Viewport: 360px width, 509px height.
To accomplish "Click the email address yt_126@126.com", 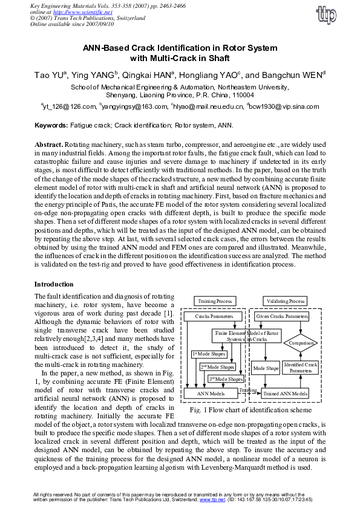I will pos(68,107).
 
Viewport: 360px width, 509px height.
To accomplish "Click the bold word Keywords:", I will pos(51,126).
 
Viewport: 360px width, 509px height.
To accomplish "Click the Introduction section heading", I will pos(54,284).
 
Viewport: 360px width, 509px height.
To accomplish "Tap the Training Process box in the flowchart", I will pos(212,301).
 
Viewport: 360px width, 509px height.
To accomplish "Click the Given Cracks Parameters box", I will pos(283,316).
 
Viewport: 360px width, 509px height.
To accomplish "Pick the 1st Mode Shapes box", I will pos(205,354).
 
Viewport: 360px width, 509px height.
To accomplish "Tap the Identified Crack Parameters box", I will pos(300,368).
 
